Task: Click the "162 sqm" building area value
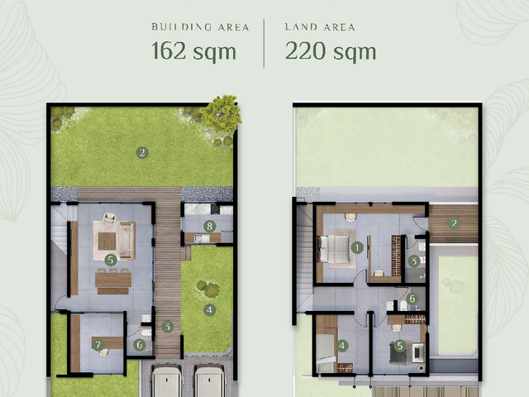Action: (x=193, y=51)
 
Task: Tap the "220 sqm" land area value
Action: (x=331, y=51)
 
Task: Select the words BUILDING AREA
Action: (x=200, y=27)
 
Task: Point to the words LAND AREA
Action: (x=320, y=27)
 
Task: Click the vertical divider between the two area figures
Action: (x=264, y=43)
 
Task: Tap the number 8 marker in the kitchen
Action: (x=209, y=226)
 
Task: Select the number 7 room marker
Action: (x=98, y=345)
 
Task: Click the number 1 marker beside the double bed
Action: (x=357, y=247)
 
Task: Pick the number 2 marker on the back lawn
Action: (x=142, y=152)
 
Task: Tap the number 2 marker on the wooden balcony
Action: (x=454, y=223)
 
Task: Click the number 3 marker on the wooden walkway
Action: (x=167, y=327)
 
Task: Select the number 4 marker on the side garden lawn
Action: (x=209, y=309)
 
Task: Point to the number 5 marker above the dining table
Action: (x=111, y=260)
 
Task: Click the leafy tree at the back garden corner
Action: (x=222, y=114)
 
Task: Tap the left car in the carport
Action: (x=167, y=380)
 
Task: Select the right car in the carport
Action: (x=209, y=380)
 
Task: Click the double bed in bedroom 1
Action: (x=334, y=249)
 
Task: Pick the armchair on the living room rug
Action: (x=109, y=219)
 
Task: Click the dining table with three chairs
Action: (x=113, y=280)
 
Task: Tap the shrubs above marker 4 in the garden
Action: (x=207, y=289)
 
